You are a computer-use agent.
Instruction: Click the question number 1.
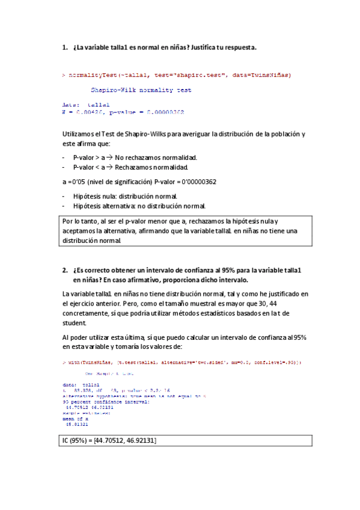[x=65, y=47]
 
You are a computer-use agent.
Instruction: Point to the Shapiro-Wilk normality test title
[x=141, y=90]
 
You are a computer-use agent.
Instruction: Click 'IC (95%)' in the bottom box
[x=78, y=441]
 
